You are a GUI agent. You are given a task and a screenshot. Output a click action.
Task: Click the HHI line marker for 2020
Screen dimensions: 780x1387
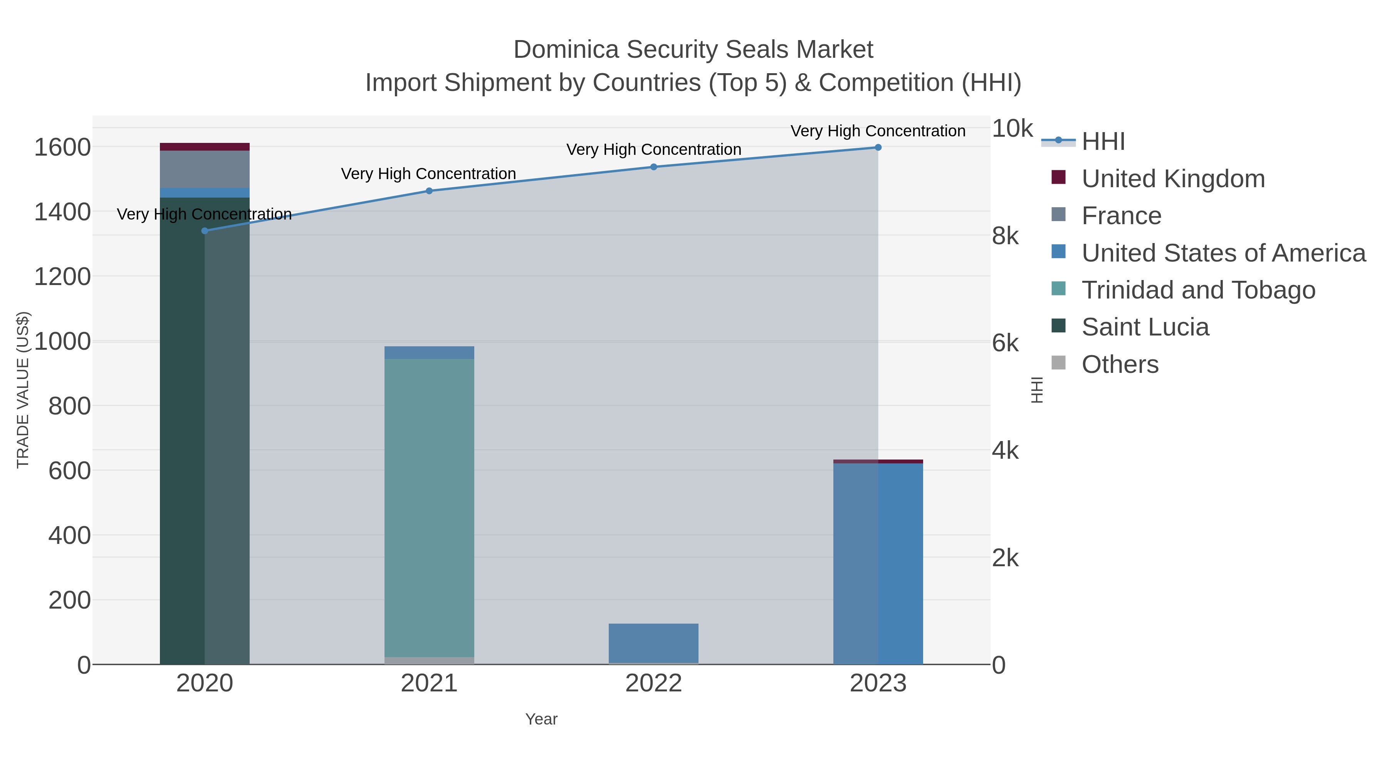point(205,231)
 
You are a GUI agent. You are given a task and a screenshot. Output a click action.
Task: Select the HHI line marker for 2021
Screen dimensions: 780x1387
point(429,191)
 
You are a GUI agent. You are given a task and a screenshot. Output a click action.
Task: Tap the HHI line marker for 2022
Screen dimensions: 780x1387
point(654,167)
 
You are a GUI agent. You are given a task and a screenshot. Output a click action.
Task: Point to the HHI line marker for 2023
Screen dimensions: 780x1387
point(878,148)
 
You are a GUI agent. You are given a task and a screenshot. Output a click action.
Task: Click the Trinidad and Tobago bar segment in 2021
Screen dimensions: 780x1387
point(429,506)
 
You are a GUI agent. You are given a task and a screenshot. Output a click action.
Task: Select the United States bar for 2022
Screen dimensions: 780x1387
point(654,643)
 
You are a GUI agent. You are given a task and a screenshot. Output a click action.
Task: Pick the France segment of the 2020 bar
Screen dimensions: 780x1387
point(205,169)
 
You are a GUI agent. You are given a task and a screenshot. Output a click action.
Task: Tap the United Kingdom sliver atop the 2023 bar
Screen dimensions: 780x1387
point(878,461)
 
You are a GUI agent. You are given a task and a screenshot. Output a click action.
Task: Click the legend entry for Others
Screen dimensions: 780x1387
point(1120,364)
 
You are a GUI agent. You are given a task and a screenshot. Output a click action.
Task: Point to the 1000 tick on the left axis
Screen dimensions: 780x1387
point(62,341)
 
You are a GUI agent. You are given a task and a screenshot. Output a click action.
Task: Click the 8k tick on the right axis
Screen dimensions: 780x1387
point(1005,236)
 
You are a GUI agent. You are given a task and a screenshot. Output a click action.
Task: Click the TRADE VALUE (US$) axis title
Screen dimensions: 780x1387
point(23,390)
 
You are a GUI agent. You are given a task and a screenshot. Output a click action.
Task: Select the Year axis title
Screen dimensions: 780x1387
point(541,719)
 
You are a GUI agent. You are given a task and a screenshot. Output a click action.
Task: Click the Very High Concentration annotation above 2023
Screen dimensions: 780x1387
point(878,131)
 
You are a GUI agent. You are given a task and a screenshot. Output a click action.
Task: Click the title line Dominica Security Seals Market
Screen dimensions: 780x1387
point(693,50)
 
